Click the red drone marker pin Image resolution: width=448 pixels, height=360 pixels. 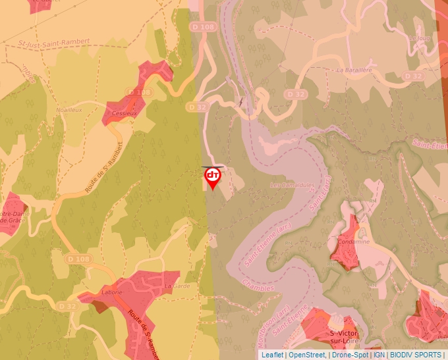click(212, 176)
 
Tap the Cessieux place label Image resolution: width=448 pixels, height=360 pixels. click(125, 113)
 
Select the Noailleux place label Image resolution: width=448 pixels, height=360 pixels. click(69, 110)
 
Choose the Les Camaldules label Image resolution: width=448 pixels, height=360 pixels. click(293, 186)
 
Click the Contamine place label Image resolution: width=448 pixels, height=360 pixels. click(353, 242)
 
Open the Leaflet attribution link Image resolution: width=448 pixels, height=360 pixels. click(272, 354)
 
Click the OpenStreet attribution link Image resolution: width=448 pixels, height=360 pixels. click(307, 354)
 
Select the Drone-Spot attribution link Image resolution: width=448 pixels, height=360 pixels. click(350, 354)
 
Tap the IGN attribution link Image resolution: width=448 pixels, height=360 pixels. click(379, 354)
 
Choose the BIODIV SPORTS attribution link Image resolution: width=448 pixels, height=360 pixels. click(415, 354)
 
